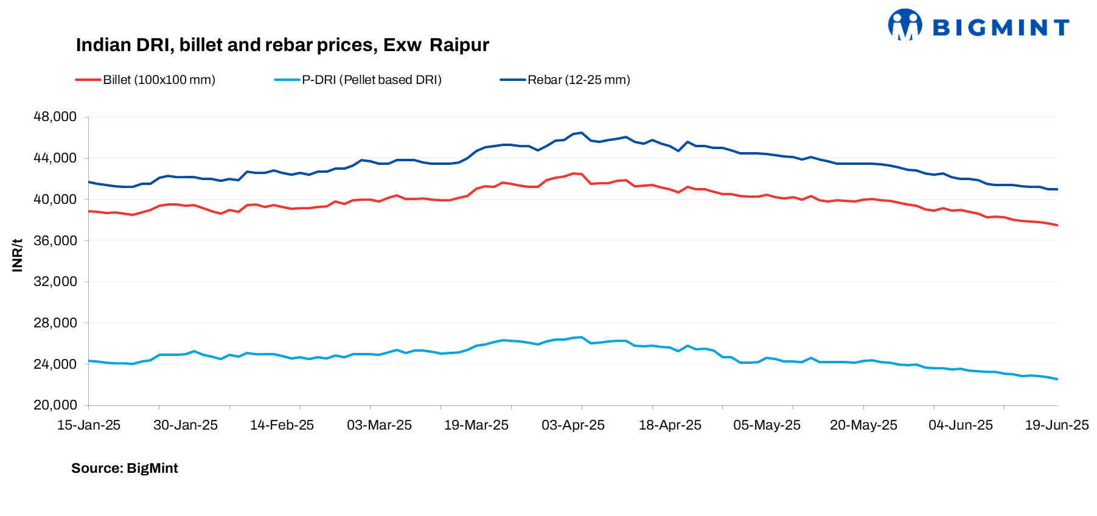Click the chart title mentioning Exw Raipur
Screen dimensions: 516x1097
282,45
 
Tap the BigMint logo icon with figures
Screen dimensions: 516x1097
905,25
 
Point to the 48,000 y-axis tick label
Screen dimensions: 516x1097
55,117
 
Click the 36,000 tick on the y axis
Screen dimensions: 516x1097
55,240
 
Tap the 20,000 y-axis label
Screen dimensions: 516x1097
55,405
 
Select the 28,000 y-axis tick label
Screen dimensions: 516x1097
55,322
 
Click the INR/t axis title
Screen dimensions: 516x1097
17,255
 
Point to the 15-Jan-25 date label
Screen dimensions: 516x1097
89,425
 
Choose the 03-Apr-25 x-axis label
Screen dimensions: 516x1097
573,425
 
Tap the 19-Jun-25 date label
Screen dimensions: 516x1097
1057,425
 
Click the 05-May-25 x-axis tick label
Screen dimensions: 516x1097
767,425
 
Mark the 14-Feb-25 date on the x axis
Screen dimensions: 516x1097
282,425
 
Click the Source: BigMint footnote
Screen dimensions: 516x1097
125,469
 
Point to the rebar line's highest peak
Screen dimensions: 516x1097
582,133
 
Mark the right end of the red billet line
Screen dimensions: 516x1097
1057,225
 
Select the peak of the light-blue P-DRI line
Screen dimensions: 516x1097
582,337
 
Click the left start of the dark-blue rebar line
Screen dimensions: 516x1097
89,182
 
